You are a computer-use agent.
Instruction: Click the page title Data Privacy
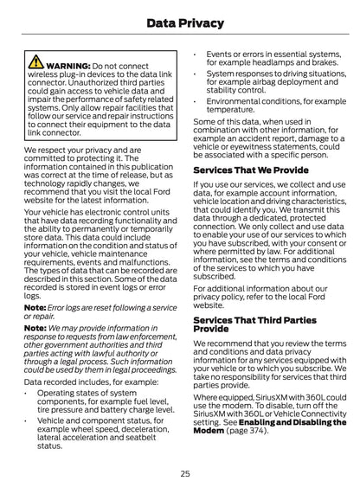click(x=179, y=23)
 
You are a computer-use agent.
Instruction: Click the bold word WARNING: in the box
click(x=67, y=65)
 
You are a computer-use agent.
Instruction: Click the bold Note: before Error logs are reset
click(x=35, y=307)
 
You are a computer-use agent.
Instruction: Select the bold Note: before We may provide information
click(x=35, y=328)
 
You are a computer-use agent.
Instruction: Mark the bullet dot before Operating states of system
click(x=28, y=392)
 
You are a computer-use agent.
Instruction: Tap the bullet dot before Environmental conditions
click(x=196, y=101)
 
